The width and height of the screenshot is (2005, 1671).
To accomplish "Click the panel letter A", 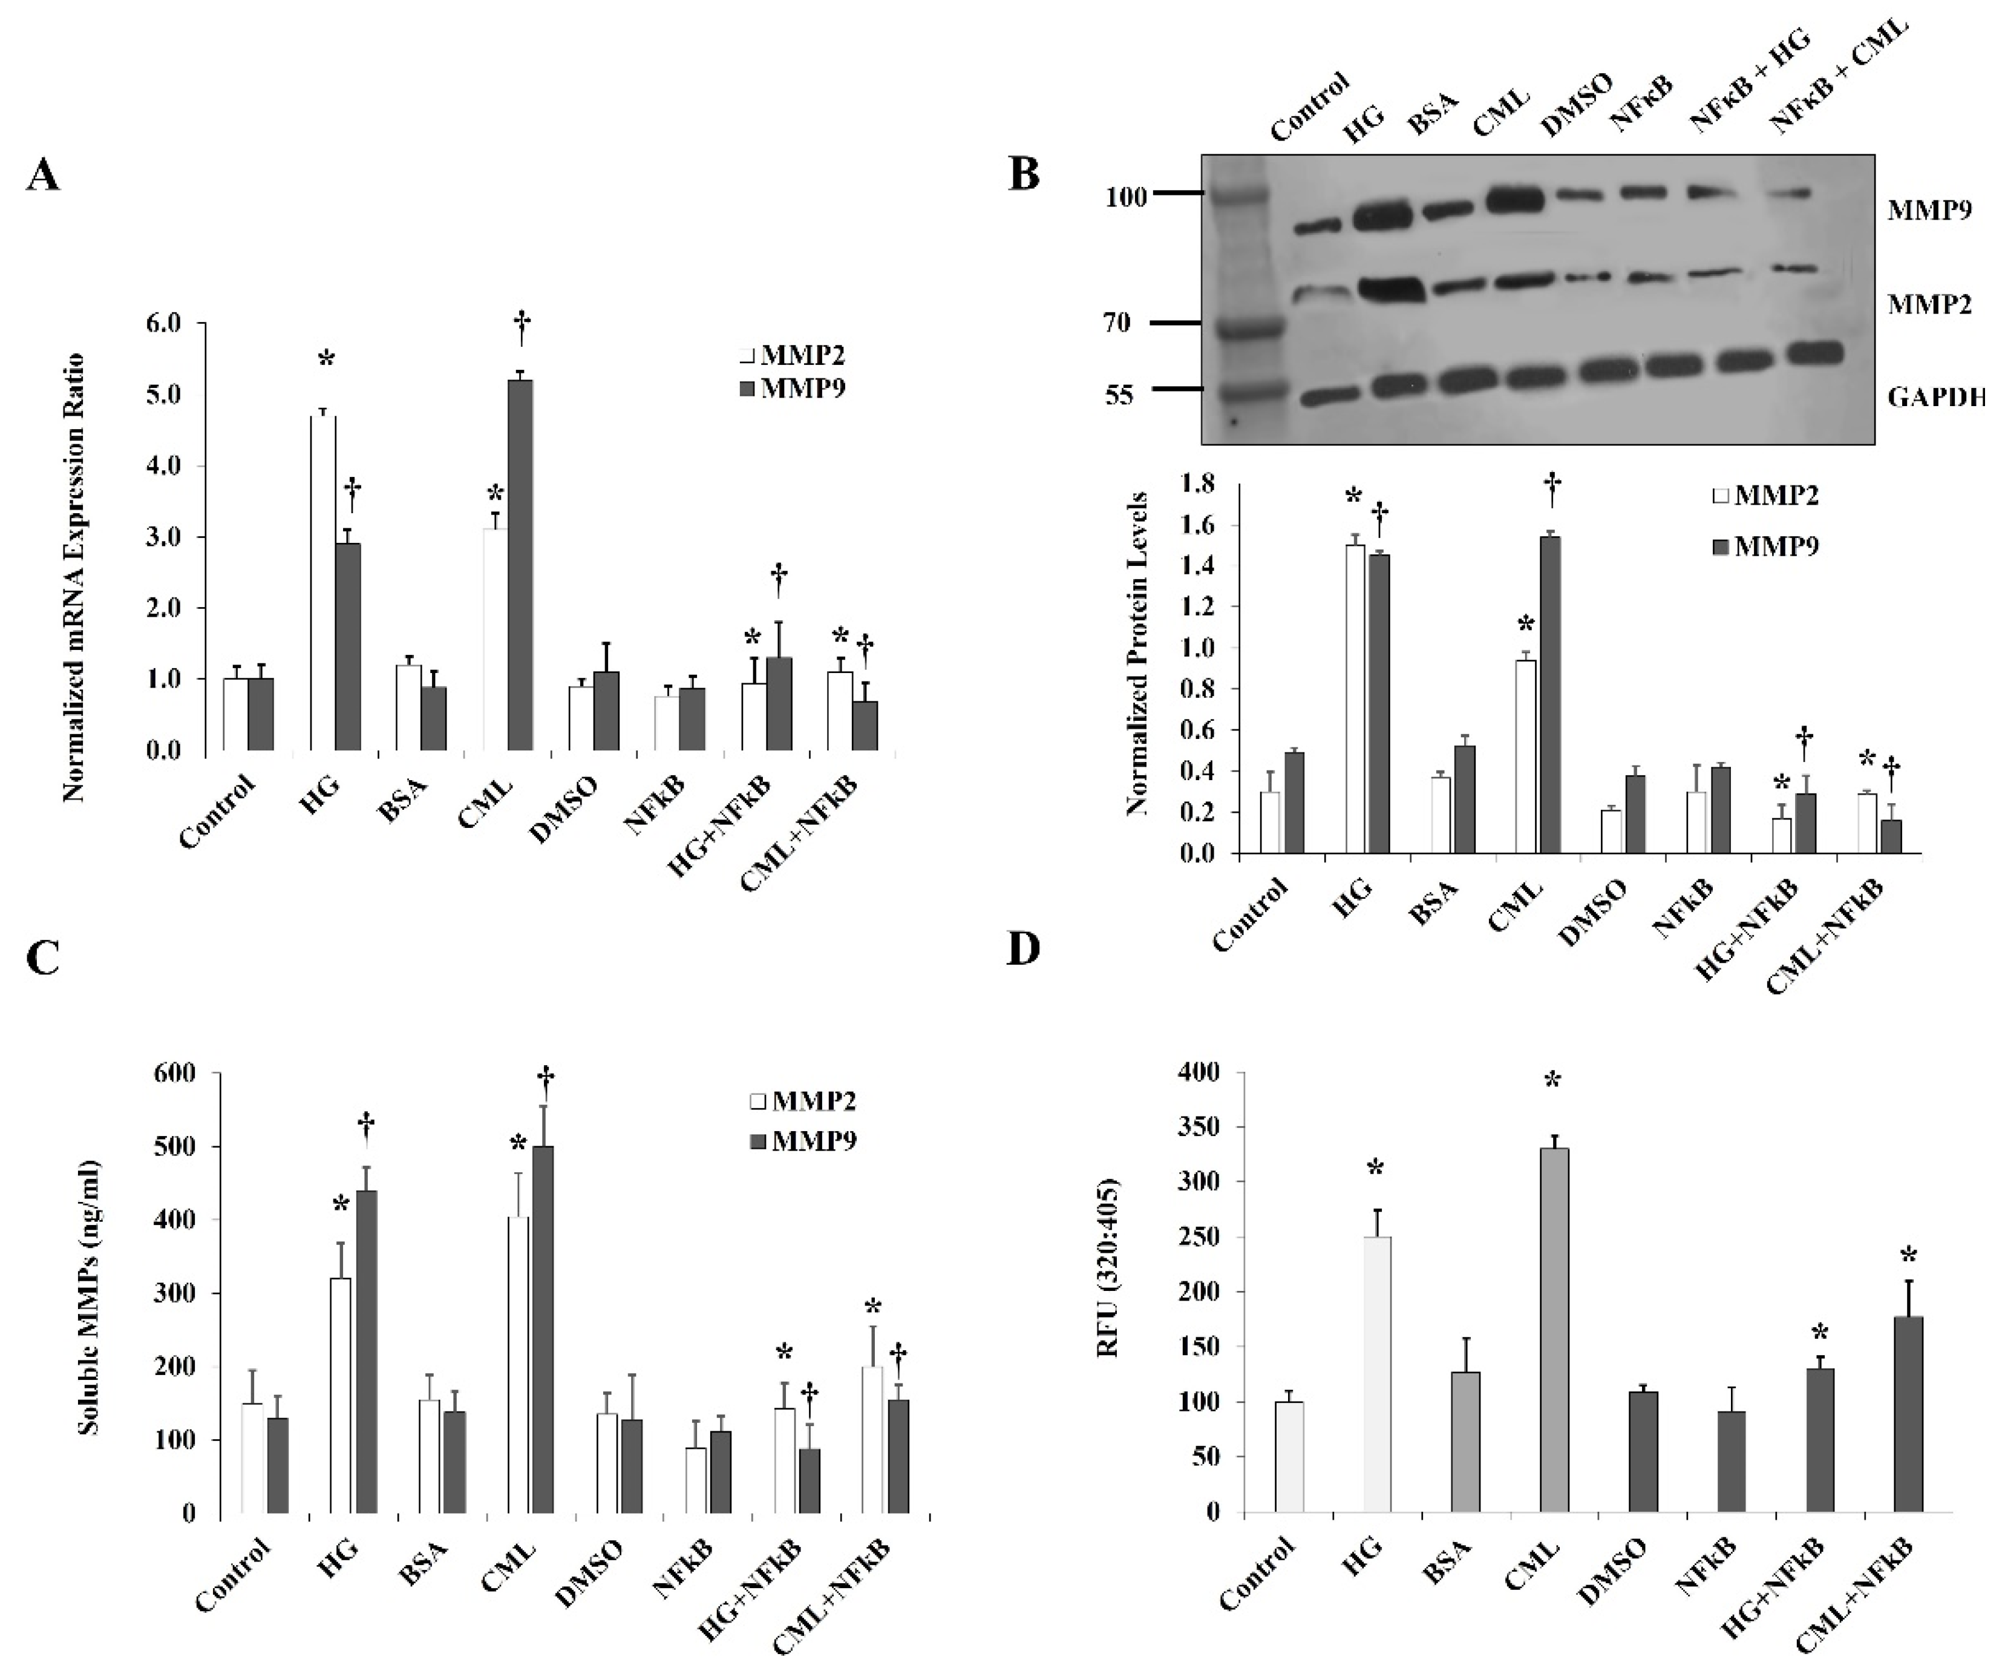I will [x=43, y=176].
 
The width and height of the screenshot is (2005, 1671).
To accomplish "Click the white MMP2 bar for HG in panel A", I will [x=322, y=582].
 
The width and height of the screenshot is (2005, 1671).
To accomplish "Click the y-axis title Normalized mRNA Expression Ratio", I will [x=74, y=578].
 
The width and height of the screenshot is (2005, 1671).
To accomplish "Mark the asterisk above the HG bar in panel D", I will [x=1375, y=1169].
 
